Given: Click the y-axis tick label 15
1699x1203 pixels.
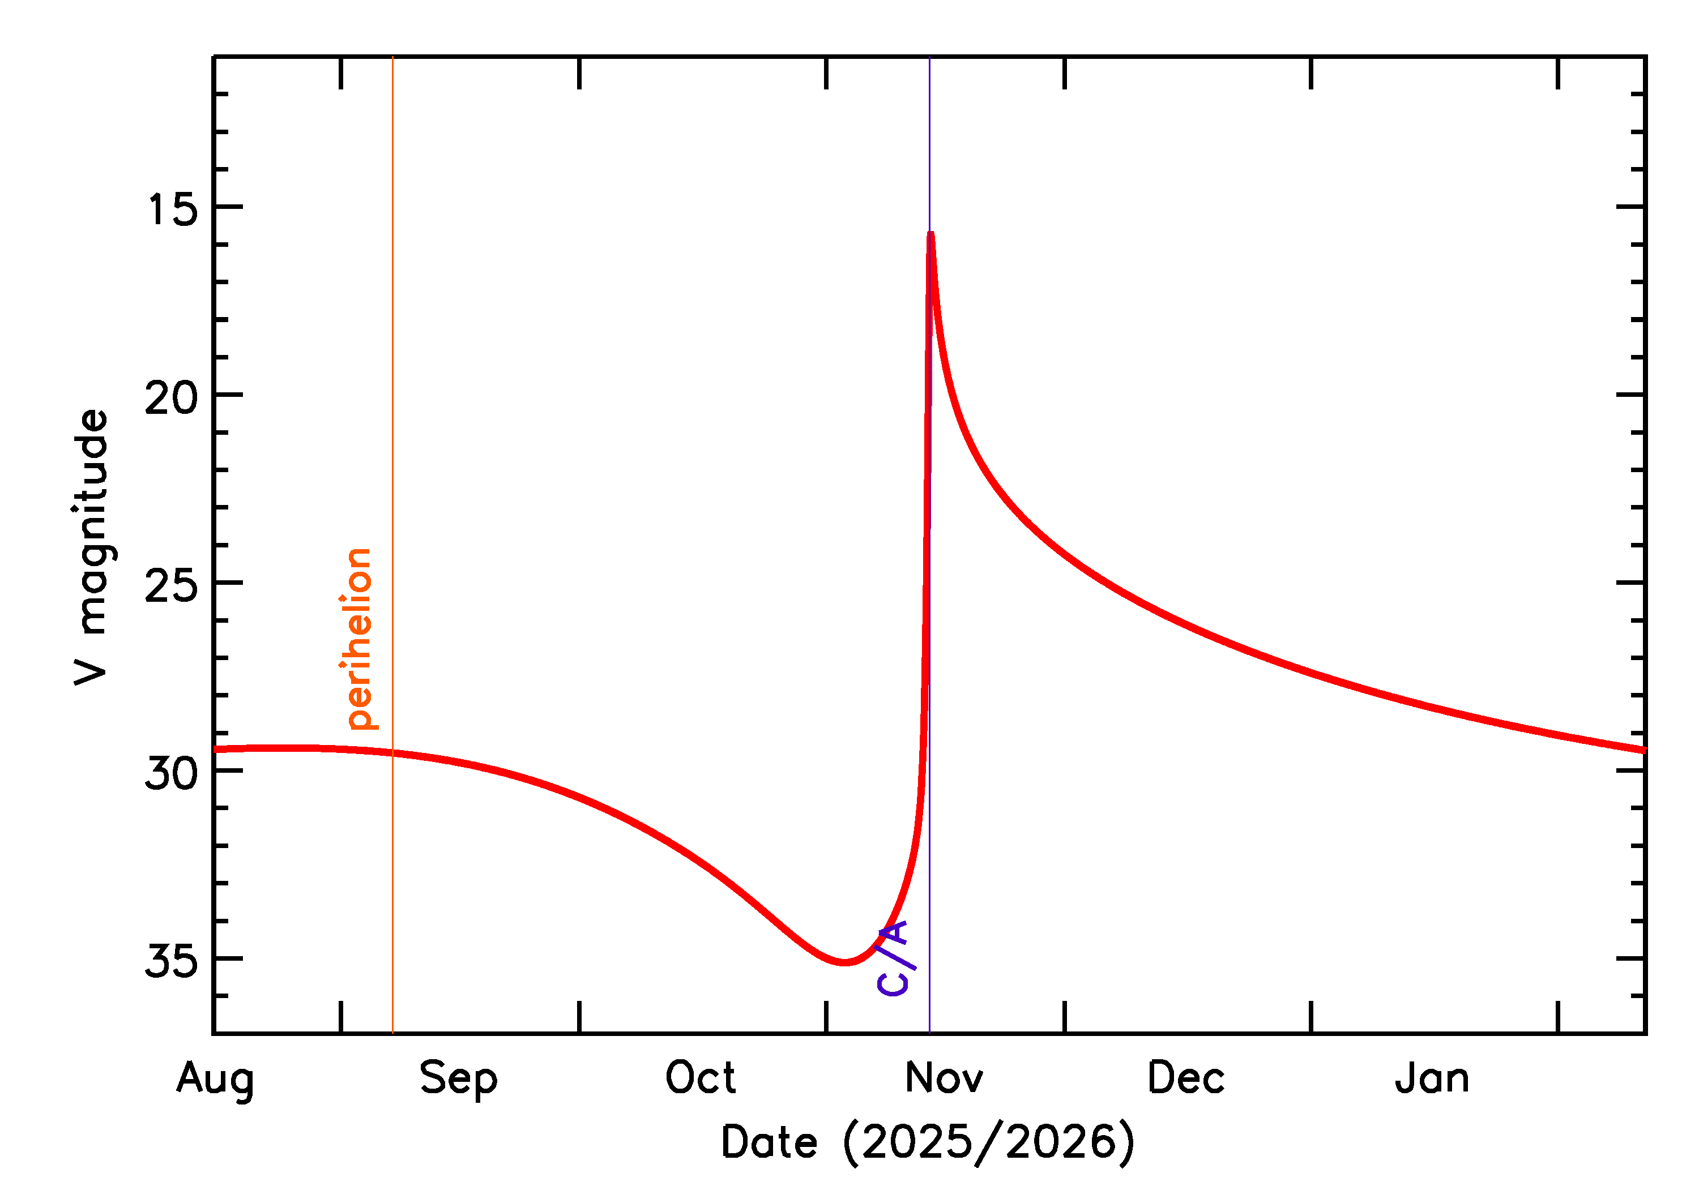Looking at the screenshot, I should [x=173, y=209].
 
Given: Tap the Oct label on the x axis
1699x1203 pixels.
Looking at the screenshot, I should [x=700, y=1078].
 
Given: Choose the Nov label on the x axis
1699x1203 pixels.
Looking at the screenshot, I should [x=944, y=1078].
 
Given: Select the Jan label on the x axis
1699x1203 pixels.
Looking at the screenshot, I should [x=1432, y=1078].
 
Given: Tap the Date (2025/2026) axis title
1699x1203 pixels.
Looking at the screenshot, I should [x=927, y=1143].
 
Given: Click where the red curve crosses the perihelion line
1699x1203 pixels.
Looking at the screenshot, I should [x=392, y=754].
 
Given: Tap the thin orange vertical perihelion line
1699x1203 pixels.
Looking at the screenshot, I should [x=392, y=370].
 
